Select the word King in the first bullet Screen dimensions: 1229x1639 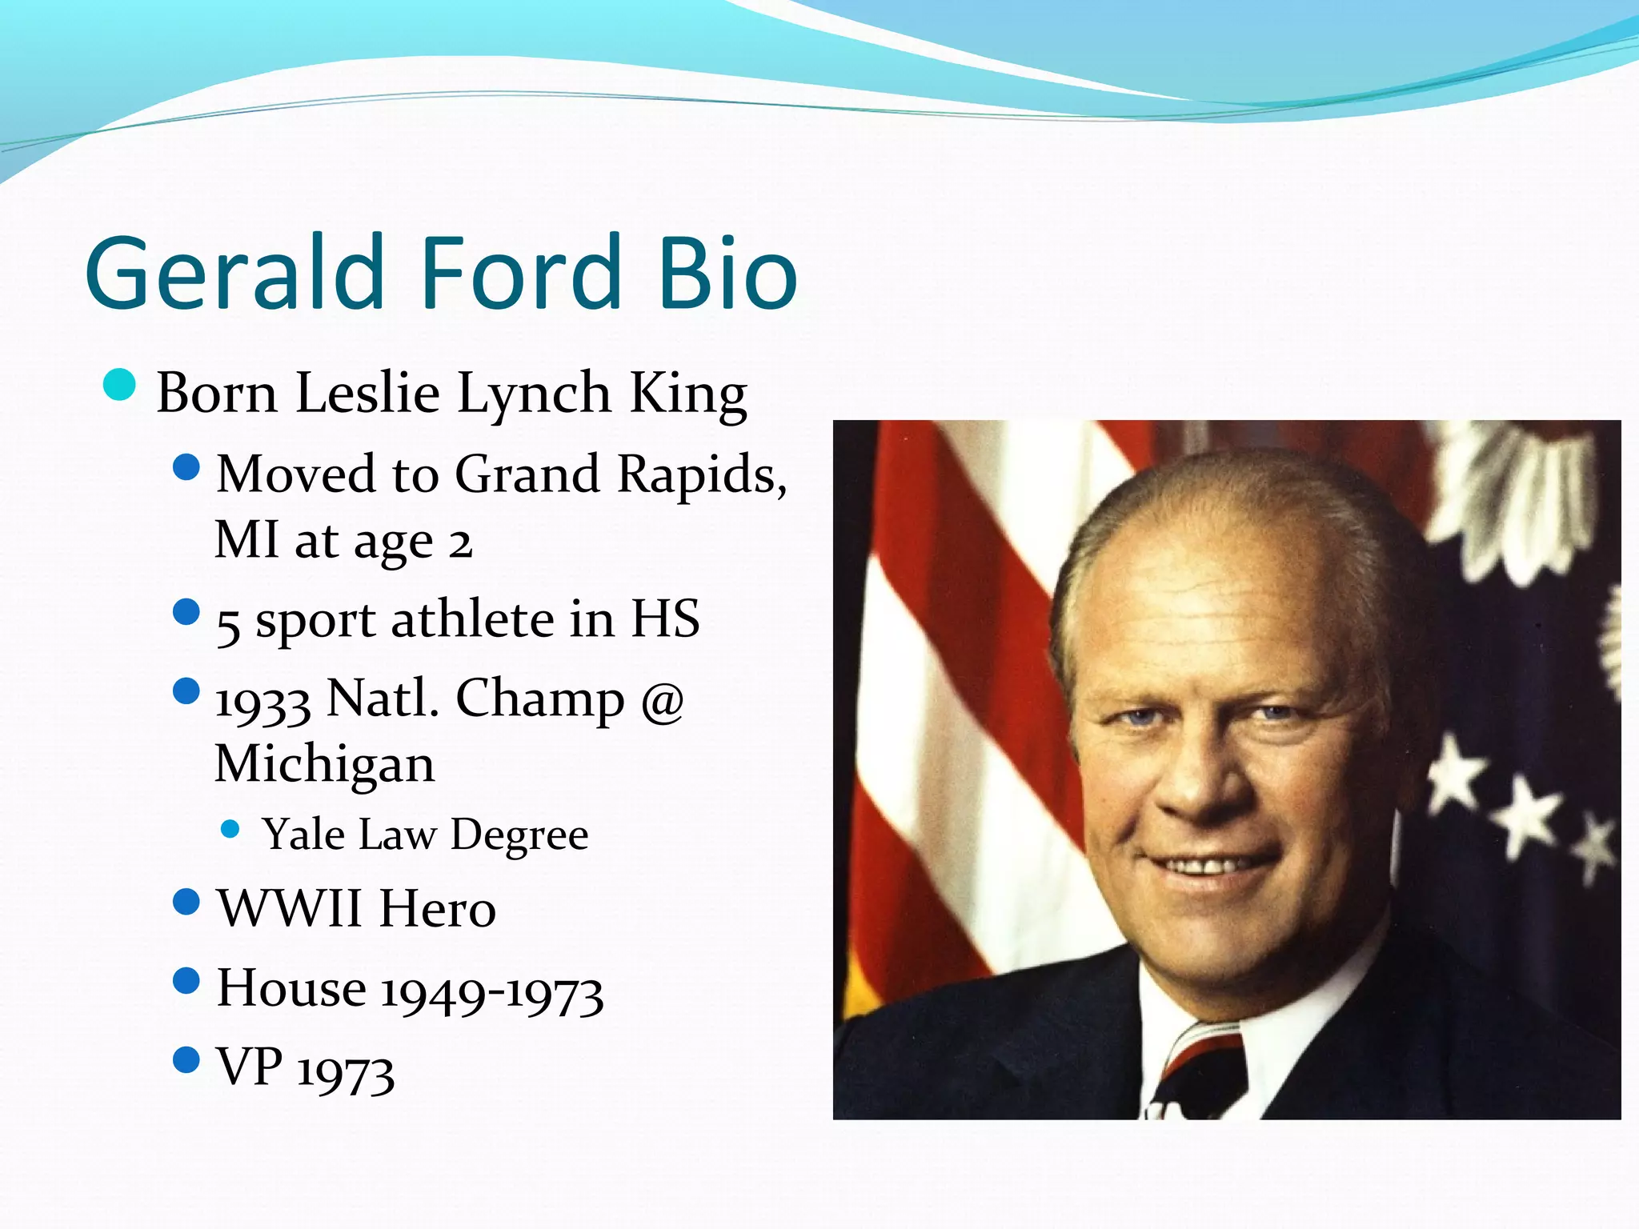[x=688, y=394]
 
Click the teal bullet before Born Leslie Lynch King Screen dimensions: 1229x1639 [x=119, y=385]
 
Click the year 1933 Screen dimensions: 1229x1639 [x=263, y=702]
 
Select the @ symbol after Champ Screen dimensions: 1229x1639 [x=662, y=700]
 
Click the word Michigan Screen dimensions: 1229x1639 [x=325, y=764]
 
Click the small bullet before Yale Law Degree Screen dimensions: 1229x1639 [x=230, y=829]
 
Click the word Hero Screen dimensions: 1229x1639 [x=438, y=908]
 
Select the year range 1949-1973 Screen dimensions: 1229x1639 [x=491, y=993]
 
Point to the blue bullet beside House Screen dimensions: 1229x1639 [x=186, y=980]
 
